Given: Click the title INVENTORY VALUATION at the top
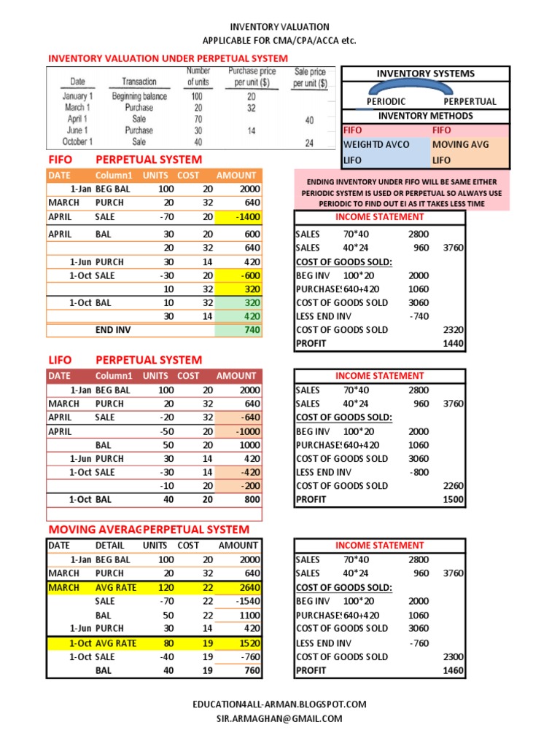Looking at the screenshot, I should pos(279,27).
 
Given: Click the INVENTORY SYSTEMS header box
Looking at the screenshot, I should pos(425,74).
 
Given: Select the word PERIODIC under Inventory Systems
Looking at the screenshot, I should pos(386,102).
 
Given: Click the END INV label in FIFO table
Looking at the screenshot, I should pos(113,330).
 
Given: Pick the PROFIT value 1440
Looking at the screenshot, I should pos(453,344).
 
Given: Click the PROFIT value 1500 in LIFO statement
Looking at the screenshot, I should pos(453,500).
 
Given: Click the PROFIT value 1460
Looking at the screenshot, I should pos(453,671).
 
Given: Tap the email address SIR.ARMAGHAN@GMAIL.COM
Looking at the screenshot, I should pos(279,719).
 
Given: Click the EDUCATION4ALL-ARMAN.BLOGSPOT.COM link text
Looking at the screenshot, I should pos(279,704).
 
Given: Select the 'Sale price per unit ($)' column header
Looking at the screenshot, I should pos(309,77).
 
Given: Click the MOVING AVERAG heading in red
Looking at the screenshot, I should pos(94,530).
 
